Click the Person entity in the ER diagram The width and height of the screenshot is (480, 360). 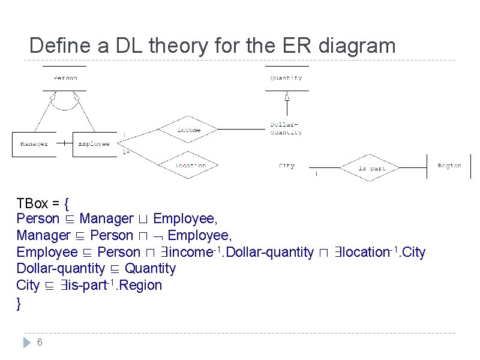65,78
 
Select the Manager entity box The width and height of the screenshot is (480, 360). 34,144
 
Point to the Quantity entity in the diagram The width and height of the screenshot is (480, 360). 286,78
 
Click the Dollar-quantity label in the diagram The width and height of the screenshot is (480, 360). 286,129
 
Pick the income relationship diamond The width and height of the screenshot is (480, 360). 188,130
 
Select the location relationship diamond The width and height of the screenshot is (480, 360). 191,166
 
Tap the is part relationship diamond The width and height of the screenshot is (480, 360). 371,168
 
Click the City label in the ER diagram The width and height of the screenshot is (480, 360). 286,166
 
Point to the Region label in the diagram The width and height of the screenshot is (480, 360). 449,166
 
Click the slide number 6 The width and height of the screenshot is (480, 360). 40,343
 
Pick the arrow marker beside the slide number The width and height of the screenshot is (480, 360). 26,343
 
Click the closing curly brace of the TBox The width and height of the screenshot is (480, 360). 19,303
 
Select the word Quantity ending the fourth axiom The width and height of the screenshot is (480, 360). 150,268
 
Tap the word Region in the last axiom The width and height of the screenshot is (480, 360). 142,285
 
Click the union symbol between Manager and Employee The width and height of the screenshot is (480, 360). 143,220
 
